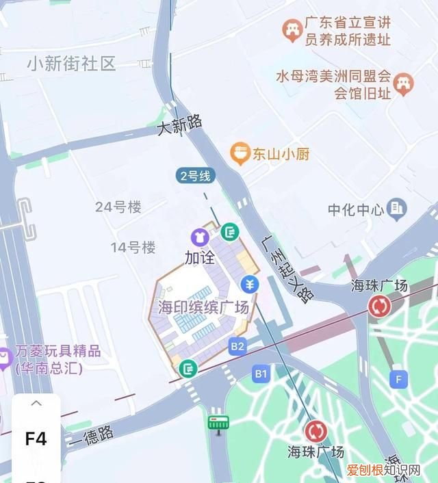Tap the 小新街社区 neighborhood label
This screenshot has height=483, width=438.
click(71, 64)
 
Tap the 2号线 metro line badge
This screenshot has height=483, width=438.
click(196, 176)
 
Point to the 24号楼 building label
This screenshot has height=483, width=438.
click(118, 207)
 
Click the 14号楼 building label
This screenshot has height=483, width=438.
click(133, 247)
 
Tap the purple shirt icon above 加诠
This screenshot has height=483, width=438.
click(200, 237)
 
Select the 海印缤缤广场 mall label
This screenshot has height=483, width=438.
click(203, 307)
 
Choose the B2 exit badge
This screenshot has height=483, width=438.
click(237, 346)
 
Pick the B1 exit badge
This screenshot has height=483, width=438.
click(261, 374)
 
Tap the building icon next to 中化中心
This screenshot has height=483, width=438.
click(396, 209)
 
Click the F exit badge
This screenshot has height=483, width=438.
click(398, 378)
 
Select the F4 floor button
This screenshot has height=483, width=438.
click(36, 439)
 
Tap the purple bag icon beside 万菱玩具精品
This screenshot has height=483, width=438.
click(5, 356)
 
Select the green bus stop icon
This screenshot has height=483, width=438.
click(218, 423)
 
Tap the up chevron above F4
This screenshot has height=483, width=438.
click(36, 404)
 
